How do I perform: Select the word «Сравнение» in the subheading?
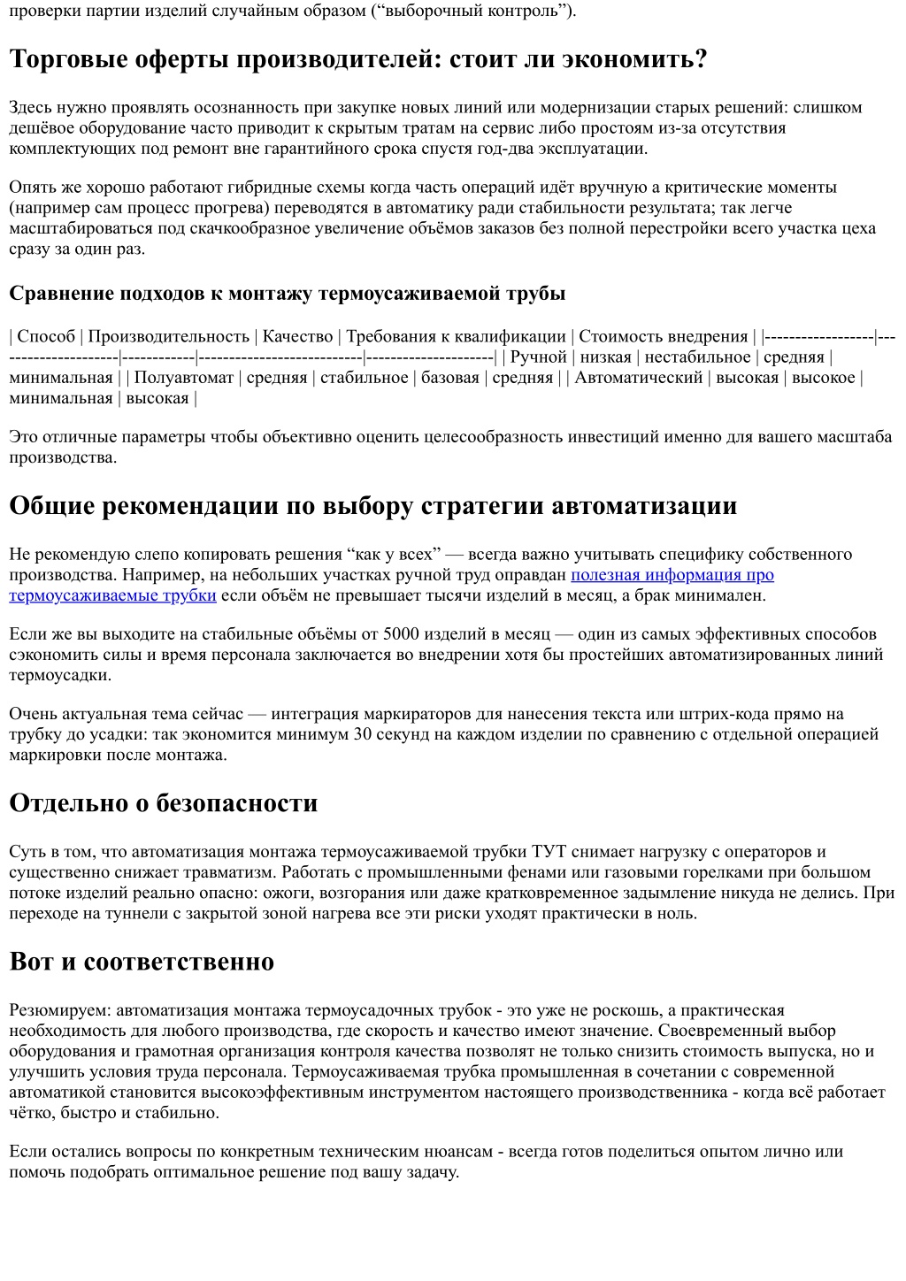click(x=60, y=293)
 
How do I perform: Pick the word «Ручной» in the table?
click(x=538, y=357)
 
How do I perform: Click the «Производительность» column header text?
click(x=169, y=336)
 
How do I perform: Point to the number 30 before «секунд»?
click(x=363, y=734)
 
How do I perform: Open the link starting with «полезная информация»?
click(x=672, y=575)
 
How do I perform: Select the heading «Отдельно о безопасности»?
click(x=164, y=803)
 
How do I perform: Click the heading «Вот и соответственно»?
click(x=142, y=962)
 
